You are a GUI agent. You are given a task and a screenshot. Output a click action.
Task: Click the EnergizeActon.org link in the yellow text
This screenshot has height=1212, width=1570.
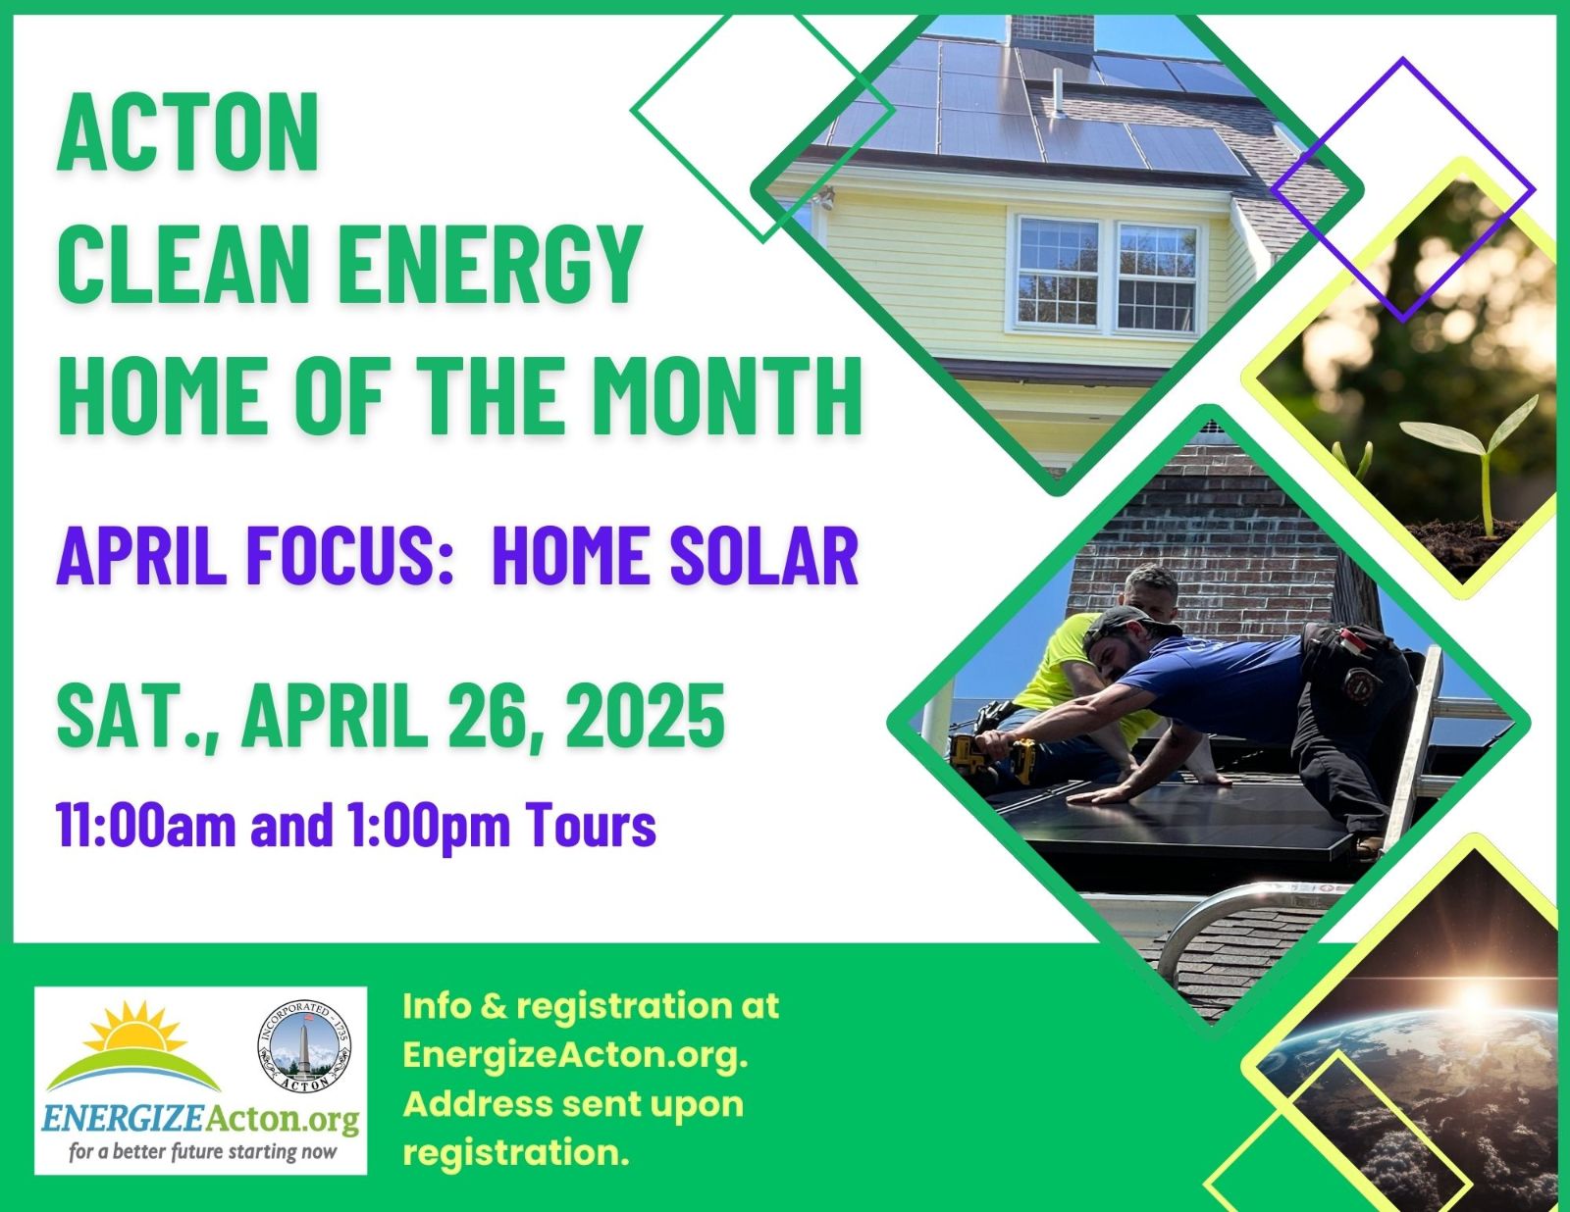[x=574, y=1055]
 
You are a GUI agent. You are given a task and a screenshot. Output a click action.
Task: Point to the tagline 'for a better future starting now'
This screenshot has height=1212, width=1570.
[x=202, y=1151]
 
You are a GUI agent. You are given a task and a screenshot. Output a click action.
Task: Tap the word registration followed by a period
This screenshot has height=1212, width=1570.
[x=514, y=1153]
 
